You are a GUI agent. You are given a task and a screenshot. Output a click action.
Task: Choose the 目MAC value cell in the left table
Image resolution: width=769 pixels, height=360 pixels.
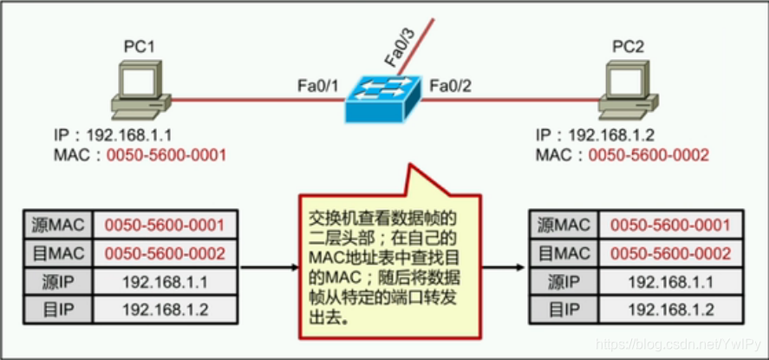pyautogui.click(x=165, y=253)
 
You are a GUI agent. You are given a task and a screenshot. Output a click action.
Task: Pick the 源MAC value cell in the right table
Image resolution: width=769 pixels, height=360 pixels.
pyautogui.click(x=669, y=226)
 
